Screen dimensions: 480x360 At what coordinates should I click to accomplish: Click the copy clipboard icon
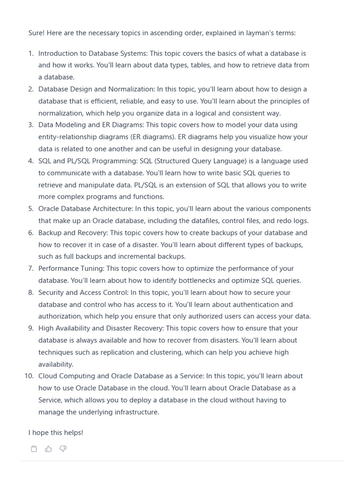click(34, 449)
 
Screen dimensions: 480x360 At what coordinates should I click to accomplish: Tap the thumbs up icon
click(48, 449)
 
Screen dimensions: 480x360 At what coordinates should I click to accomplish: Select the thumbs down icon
click(63, 449)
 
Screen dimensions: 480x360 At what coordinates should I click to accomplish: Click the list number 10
click(29, 376)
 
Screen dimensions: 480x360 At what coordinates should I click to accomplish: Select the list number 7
click(31, 269)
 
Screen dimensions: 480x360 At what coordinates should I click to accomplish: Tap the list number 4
click(31, 161)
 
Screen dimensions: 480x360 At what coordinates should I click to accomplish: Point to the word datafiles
click(216, 221)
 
